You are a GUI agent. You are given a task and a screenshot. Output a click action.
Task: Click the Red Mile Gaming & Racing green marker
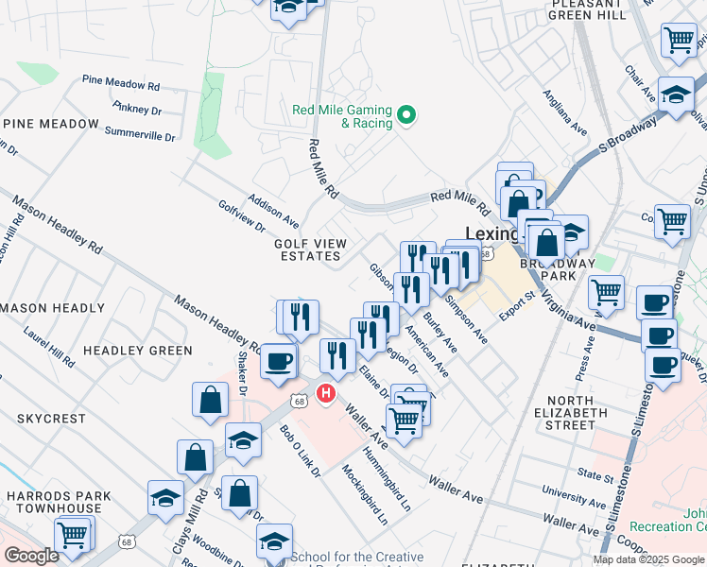click(x=407, y=116)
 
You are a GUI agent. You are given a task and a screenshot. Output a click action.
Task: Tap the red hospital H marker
click(x=326, y=392)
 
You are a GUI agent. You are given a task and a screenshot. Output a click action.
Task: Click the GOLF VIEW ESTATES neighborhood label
click(x=307, y=249)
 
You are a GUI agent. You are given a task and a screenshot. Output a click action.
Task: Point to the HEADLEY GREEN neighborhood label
click(x=137, y=351)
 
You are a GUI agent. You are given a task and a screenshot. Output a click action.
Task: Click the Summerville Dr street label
click(x=140, y=134)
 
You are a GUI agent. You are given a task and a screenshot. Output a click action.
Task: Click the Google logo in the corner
click(x=31, y=556)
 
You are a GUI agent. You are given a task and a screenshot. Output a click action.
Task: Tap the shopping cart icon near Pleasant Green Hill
click(x=678, y=40)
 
